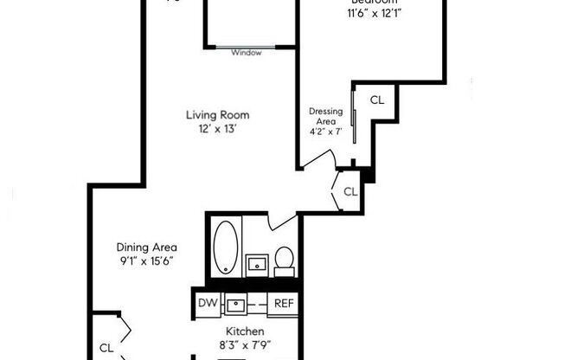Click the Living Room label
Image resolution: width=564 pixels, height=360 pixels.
click(x=218, y=114)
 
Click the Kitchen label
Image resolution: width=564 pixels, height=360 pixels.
click(x=247, y=331)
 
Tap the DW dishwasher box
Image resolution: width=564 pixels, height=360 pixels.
click(x=208, y=303)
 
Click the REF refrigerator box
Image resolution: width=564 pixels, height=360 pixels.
click(x=284, y=303)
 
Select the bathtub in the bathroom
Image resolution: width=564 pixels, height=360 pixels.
click(x=225, y=247)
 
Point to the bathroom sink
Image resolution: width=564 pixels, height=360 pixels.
click(x=256, y=262)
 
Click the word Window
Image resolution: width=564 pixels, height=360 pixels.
click(x=247, y=53)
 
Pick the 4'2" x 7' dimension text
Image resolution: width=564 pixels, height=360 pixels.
click(x=325, y=132)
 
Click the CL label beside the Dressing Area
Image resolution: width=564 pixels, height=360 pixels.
click(x=377, y=100)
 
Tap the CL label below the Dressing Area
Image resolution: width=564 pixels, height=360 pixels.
click(x=350, y=191)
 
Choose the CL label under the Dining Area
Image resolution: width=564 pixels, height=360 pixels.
click(x=106, y=347)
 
